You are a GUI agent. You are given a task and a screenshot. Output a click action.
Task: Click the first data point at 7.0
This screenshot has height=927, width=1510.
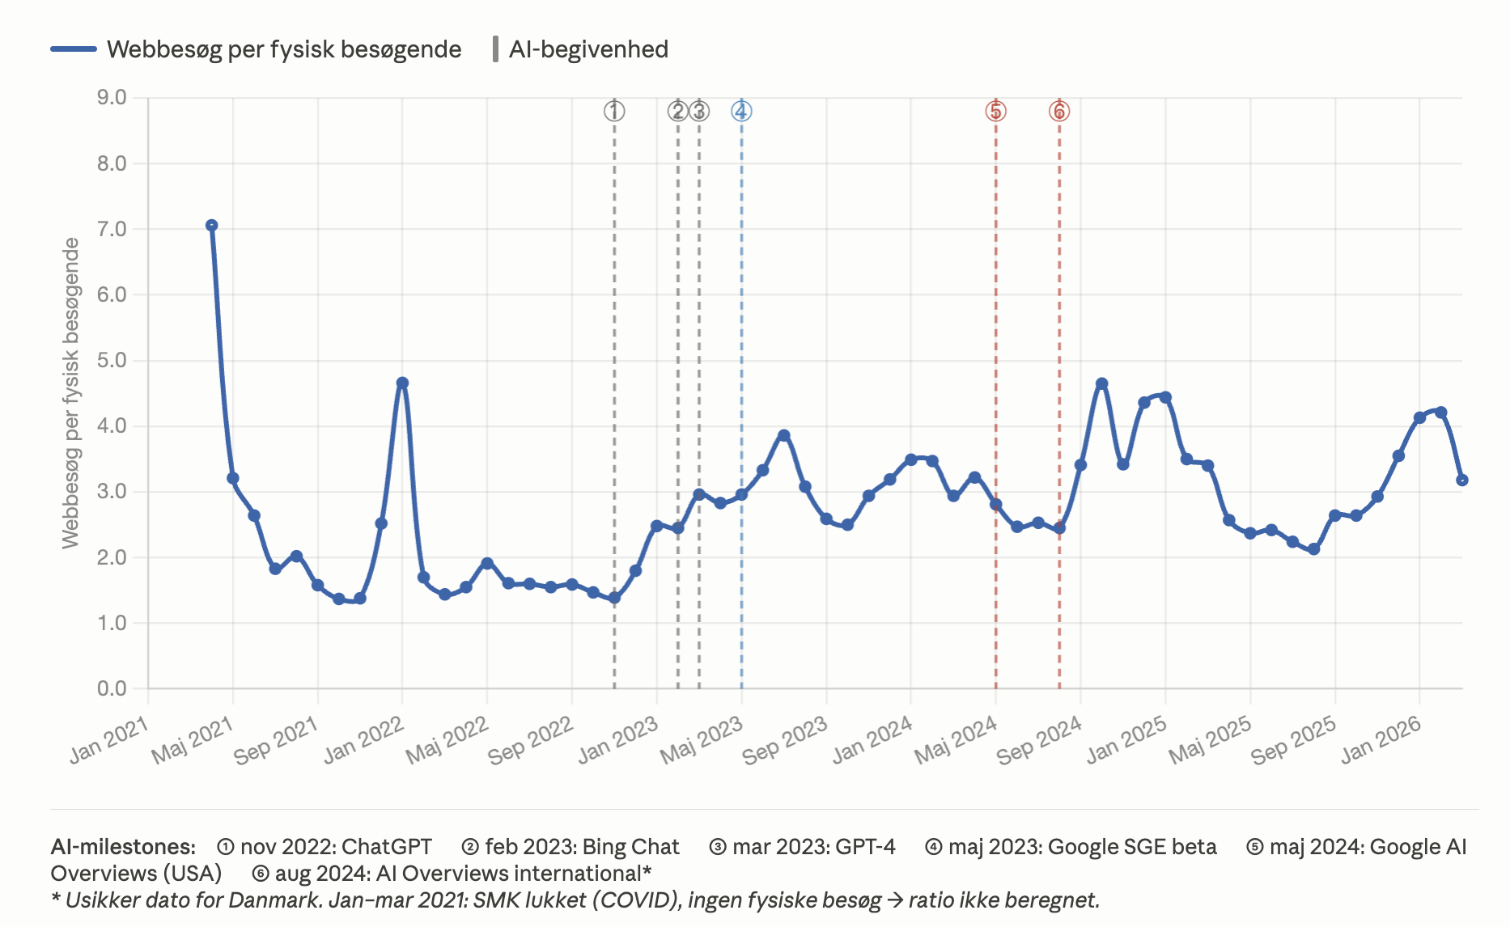tap(211, 226)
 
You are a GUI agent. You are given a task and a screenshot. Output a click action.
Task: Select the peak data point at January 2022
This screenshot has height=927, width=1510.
tap(402, 383)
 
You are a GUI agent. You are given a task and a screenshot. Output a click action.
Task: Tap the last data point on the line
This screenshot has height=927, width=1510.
tap(1461, 480)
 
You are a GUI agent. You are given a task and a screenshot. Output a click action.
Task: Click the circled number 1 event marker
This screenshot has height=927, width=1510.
tap(614, 112)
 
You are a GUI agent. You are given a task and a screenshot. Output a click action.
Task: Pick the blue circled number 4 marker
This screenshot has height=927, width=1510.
tap(741, 112)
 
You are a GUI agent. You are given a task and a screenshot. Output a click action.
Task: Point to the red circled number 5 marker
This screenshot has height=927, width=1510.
tap(995, 112)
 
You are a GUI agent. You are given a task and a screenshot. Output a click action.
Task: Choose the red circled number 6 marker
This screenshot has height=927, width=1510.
tap(1059, 112)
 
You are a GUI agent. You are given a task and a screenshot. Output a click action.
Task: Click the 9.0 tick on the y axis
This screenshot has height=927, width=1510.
tap(112, 98)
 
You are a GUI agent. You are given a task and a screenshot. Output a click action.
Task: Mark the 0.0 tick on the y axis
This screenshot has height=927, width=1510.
tap(112, 688)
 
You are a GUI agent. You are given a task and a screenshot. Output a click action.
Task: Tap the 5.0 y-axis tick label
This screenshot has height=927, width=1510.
tap(112, 360)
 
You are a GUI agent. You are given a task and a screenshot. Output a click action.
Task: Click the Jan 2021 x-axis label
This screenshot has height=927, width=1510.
tap(109, 739)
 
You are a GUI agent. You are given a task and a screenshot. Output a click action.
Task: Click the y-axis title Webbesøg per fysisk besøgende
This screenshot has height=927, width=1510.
tap(71, 393)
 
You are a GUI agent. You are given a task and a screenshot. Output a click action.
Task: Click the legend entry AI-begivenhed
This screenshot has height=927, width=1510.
tap(588, 49)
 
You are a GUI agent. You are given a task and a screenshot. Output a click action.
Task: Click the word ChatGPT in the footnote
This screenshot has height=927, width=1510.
tap(387, 847)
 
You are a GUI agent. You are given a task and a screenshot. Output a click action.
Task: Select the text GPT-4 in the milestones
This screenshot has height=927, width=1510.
tap(865, 847)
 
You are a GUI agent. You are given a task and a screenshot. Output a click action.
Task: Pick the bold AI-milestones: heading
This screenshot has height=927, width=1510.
tap(123, 847)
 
